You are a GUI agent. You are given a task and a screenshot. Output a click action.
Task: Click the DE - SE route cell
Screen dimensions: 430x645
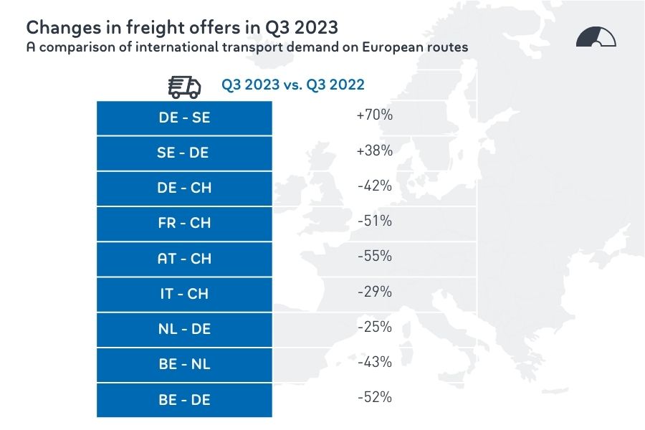[x=184, y=118]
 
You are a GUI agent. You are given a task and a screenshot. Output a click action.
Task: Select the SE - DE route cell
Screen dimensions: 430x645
[x=184, y=153]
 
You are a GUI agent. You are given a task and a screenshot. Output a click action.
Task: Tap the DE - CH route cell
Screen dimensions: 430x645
[x=184, y=188]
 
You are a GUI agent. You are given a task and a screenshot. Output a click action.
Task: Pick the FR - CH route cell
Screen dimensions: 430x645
[x=184, y=223]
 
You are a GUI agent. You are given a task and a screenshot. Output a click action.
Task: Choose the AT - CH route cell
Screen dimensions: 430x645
[x=184, y=258]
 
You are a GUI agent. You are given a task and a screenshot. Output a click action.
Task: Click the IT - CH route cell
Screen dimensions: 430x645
[x=184, y=293]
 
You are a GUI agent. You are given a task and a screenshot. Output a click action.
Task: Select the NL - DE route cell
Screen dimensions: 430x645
[x=184, y=329]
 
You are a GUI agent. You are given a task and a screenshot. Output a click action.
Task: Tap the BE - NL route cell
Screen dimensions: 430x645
[x=184, y=364]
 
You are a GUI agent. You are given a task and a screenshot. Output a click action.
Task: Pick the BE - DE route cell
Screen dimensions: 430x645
[x=184, y=399]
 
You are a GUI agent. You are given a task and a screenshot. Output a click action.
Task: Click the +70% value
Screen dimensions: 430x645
[x=374, y=115]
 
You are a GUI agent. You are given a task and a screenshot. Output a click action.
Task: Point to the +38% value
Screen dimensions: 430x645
[x=374, y=150]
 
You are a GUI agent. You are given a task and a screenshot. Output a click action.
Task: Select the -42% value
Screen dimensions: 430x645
[x=374, y=186]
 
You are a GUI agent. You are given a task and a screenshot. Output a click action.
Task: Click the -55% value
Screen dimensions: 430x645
[x=374, y=256]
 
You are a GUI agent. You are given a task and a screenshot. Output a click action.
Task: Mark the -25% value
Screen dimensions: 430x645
[x=374, y=327]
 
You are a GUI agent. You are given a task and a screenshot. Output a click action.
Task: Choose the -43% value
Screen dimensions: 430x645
[x=374, y=362]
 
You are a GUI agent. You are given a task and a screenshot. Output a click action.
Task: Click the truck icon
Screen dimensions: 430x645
[x=184, y=86]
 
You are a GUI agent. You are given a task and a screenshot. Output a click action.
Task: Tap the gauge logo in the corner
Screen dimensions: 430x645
[x=596, y=37]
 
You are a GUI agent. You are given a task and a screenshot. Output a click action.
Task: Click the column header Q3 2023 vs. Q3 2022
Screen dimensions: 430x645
[x=292, y=85]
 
